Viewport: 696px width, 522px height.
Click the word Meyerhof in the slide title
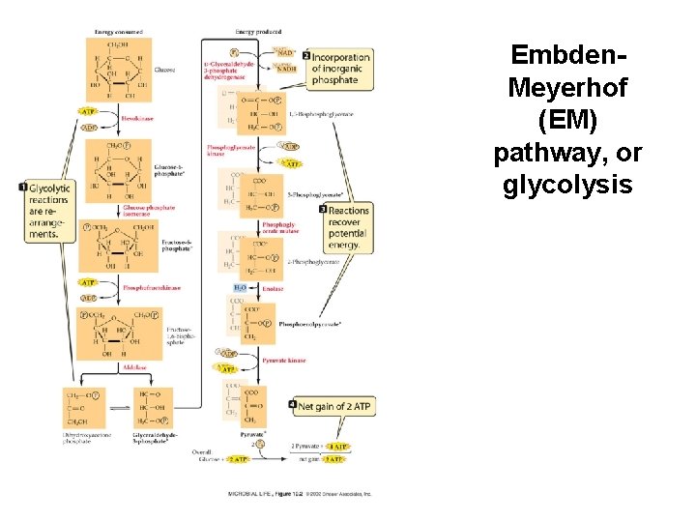pyautogui.click(x=567, y=88)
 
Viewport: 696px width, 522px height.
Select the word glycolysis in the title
pyautogui.click(x=567, y=184)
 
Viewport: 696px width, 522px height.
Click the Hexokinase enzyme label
pyautogui.click(x=136, y=118)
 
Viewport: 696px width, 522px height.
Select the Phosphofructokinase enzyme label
pyautogui.click(x=152, y=287)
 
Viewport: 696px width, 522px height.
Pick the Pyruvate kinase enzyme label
pyautogui.click(x=283, y=361)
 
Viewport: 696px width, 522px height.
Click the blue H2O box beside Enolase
pyautogui.click(x=240, y=288)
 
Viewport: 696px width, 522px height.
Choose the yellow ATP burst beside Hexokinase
pyautogui.click(x=88, y=111)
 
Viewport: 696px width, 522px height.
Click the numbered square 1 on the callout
pyautogui.click(x=22, y=186)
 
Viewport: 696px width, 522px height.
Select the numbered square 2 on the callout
pyautogui.click(x=306, y=57)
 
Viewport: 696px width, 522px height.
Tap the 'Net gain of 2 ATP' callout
pyautogui.click(x=333, y=407)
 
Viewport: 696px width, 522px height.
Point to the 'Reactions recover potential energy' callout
pyautogui.click(x=347, y=227)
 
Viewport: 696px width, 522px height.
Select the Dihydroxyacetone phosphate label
pyautogui.click(x=89, y=439)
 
